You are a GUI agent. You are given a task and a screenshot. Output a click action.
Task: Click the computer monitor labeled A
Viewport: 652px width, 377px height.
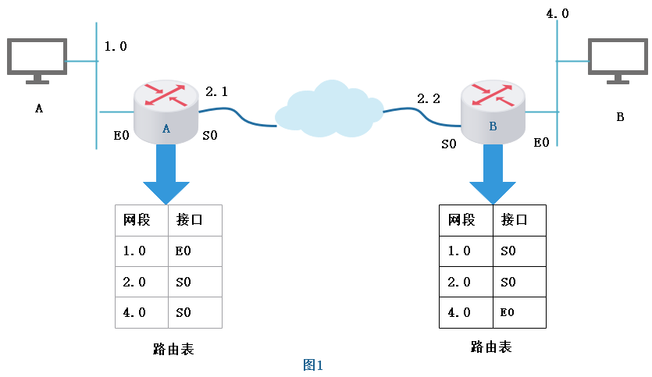(x=36, y=59)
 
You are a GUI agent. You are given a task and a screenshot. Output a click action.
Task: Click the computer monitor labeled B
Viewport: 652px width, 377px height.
(x=618, y=59)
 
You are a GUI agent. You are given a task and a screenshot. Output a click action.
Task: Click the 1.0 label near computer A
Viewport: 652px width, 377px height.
(x=116, y=46)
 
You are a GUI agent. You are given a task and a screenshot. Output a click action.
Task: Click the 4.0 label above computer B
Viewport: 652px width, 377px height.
(x=557, y=13)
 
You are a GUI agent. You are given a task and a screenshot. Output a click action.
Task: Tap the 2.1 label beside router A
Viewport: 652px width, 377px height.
(x=216, y=91)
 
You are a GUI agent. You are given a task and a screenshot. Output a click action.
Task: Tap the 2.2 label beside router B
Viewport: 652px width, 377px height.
(x=429, y=98)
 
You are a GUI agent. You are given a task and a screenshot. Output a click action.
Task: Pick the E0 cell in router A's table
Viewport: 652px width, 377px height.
(x=184, y=251)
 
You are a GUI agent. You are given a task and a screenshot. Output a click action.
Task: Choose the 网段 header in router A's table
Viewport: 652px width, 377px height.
(x=137, y=220)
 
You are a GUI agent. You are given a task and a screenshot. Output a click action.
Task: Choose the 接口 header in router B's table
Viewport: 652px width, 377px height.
(x=515, y=219)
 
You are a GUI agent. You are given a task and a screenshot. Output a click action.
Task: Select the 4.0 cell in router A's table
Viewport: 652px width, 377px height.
(x=134, y=312)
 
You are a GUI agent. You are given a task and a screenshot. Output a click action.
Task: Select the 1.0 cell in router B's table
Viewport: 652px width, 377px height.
(x=459, y=251)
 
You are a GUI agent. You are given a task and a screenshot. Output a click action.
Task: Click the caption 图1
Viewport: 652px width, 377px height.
(x=313, y=365)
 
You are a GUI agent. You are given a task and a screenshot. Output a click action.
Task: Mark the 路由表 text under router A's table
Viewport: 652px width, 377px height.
(x=173, y=349)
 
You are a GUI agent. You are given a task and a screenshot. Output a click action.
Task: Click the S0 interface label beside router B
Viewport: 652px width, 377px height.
(x=449, y=144)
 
